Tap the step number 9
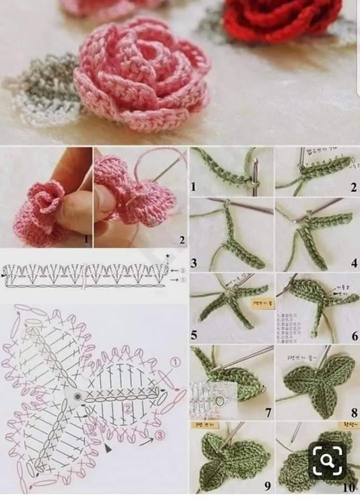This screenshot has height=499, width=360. point(267,486)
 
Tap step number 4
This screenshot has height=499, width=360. point(354,263)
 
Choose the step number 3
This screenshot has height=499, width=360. point(194,263)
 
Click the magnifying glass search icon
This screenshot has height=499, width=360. point(327,460)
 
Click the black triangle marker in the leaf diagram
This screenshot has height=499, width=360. point(108,447)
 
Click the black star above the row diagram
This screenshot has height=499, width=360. point(168,256)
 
